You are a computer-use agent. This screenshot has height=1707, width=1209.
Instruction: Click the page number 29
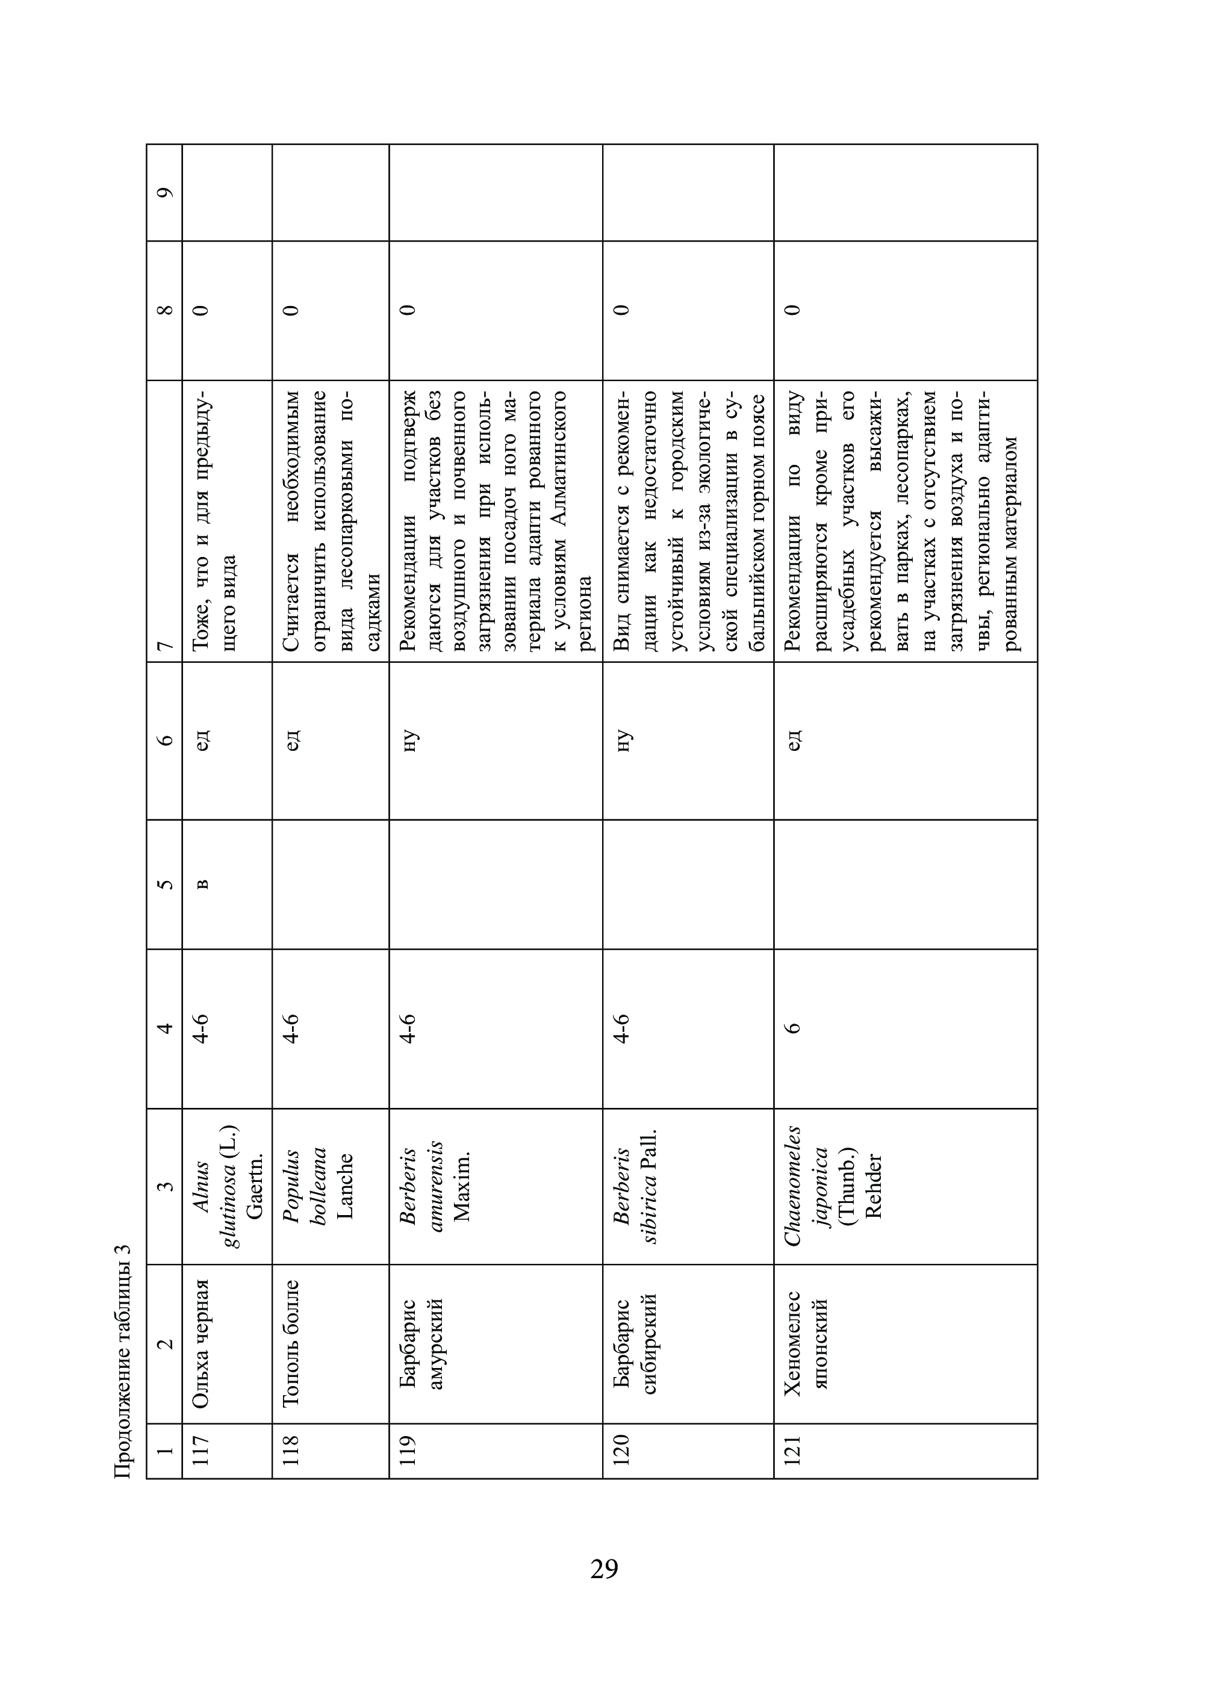604,1568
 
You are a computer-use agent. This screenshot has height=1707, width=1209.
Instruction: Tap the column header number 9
164,192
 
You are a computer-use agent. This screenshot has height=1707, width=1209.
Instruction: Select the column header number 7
164,645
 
